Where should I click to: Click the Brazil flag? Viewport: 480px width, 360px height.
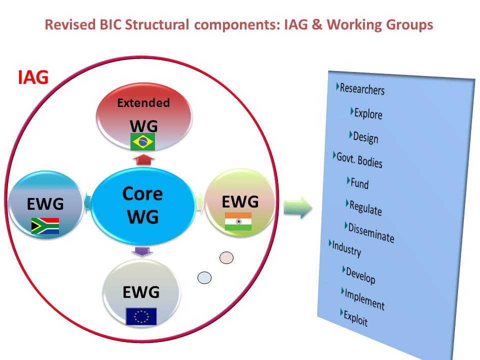click(x=142, y=141)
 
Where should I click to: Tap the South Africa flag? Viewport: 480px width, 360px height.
click(x=45, y=226)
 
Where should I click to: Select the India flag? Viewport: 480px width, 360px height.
click(x=238, y=221)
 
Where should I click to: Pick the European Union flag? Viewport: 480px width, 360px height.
click(x=141, y=316)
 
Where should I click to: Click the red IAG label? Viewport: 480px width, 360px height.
click(x=33, y=77)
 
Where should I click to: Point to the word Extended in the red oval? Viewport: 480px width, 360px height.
click(x=143, y=103)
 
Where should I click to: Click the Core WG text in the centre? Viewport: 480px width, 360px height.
click(x=142, y=205)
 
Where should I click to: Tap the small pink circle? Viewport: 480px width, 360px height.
click(x=226, y=258)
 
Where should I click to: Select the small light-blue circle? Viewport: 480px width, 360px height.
click(x=204, y=277)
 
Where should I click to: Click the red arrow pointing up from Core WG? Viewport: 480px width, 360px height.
click(x=143, y=160)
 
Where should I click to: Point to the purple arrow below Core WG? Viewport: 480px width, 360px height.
click(x=142, y=251)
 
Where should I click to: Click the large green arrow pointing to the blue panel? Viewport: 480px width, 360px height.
click(x=298, y=208)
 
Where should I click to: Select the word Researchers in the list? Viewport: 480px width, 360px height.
click(x=362, y=89)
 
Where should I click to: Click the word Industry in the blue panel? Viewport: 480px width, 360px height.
click(x=346, y=249)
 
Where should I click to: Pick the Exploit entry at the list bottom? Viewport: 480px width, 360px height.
click(x=355, y=318)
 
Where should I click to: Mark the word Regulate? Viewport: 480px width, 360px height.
click(x=365, y=208)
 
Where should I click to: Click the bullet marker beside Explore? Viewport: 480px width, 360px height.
click(x=352, y=111)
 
